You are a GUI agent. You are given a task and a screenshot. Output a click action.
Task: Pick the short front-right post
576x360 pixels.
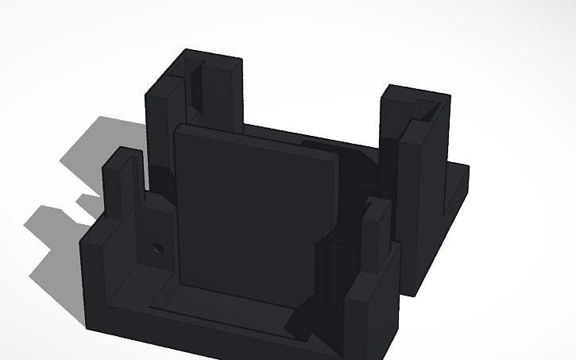coord(373,246)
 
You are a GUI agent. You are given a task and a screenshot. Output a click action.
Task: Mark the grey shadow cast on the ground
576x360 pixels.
coord(95,159)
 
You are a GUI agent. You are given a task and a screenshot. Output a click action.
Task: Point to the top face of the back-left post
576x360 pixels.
coord(211,60)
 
